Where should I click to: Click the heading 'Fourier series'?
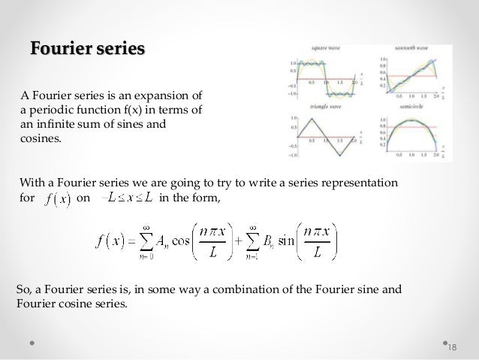87,50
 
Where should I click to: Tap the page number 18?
450,345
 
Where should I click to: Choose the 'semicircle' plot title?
410,108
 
